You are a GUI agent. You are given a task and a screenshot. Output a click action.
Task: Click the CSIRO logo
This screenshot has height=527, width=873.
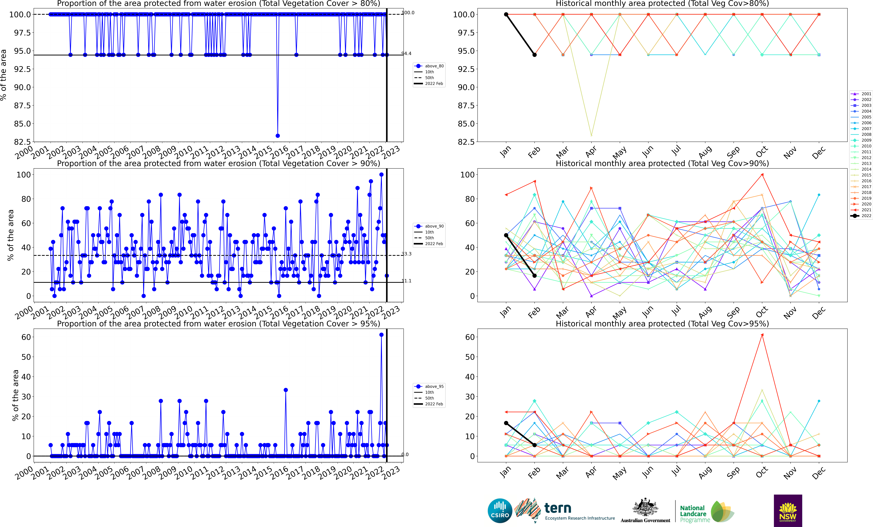(x=500, y=511)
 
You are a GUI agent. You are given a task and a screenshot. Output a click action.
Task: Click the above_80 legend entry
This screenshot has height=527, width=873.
(x=429, y=66)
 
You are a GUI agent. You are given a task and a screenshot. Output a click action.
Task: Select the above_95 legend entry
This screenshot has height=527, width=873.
(x=429, y=386)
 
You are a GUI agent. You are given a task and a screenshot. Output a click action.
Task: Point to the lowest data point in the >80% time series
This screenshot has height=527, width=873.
(x=278, y=136)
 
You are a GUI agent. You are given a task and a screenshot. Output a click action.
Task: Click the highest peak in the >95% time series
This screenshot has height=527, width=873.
(x=381, y=335)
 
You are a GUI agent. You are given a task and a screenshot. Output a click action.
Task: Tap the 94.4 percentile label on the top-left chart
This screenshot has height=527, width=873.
(x=406, y=53)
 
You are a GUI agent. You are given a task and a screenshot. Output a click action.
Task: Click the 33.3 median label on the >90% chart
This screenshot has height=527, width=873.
(x=406, y=254)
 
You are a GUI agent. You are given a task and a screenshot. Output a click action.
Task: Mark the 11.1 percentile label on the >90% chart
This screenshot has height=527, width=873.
(x=406, y=281)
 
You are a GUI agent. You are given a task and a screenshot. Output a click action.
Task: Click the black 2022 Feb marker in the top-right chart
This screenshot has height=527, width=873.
(x=535, y=55)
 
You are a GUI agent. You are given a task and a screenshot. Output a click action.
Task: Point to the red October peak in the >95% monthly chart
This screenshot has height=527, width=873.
(x=762, y=335)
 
